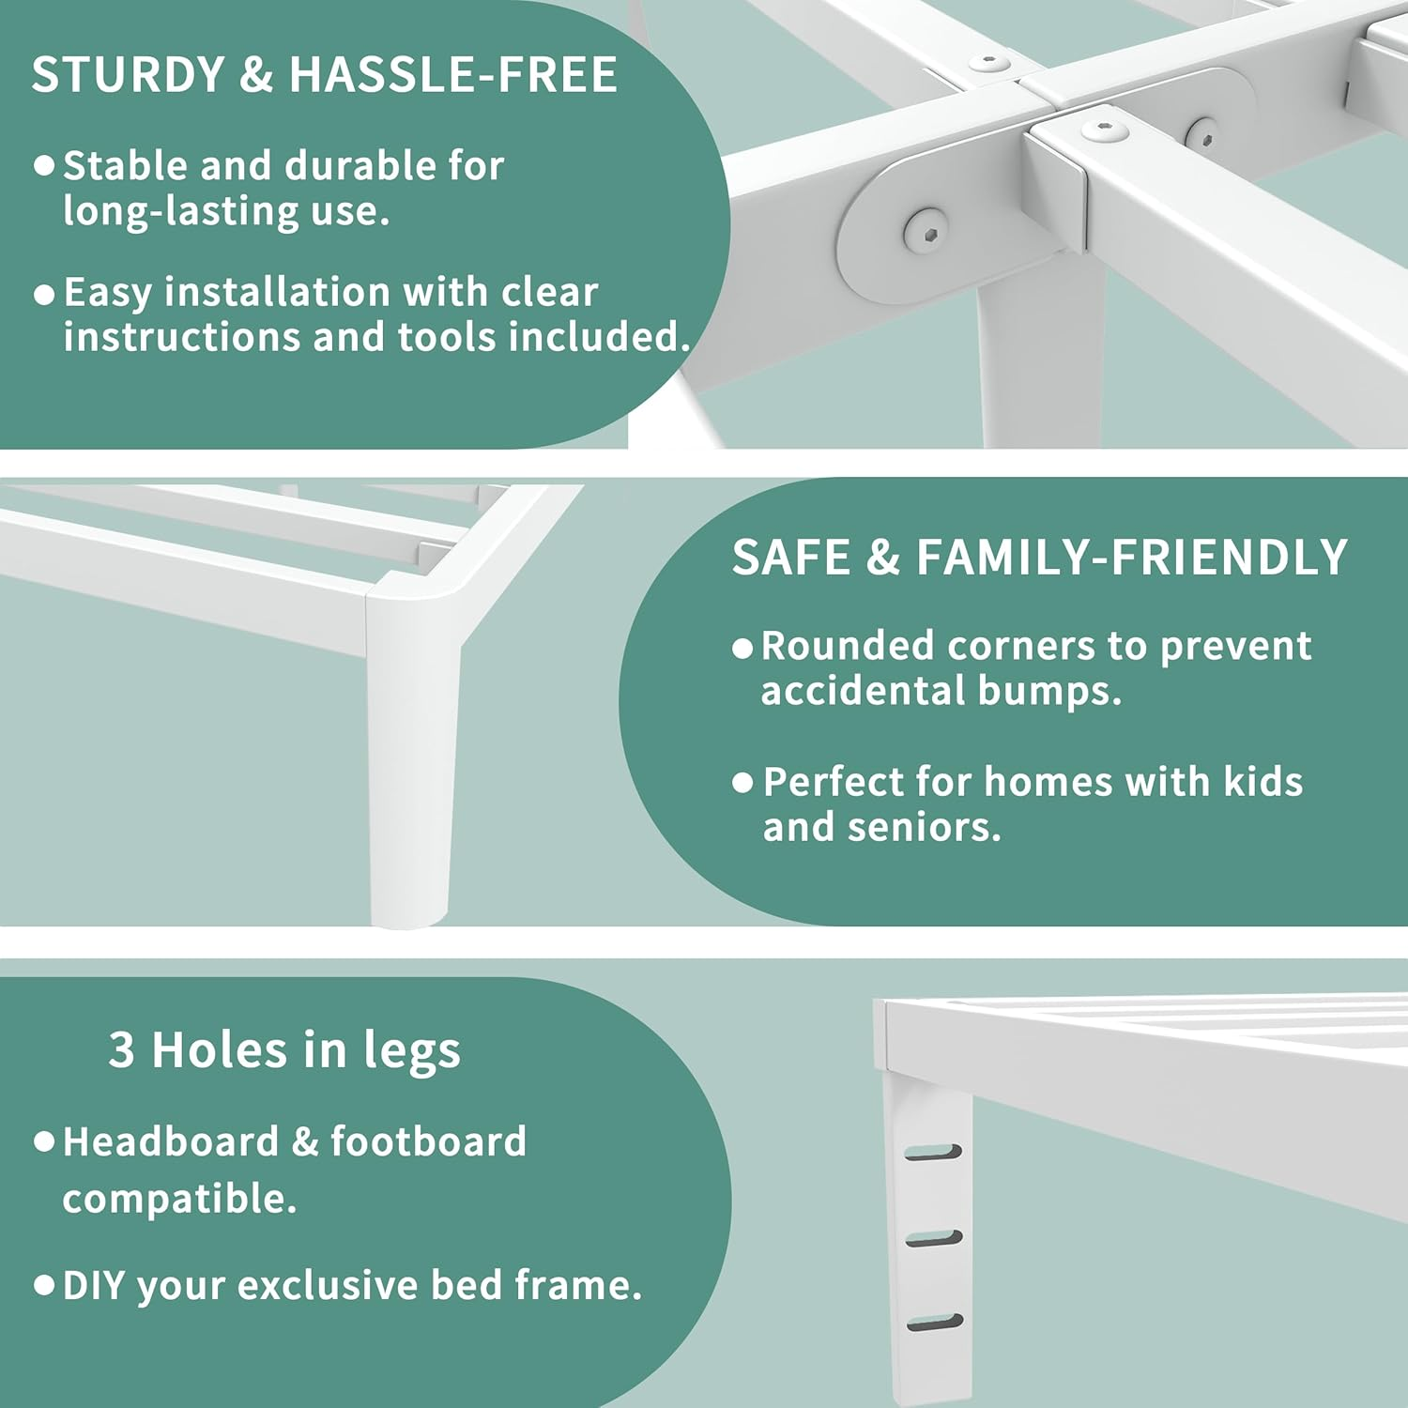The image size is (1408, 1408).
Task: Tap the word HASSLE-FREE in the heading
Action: pyautogui.click(x=453, y=75)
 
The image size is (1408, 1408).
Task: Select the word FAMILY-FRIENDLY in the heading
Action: pyautogui.click(x=1132, y=558)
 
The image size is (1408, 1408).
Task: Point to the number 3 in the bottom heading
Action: pyautogui.click(x=121, y=1049)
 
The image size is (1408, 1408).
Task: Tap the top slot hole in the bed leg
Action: pyautogui.click(x=933, y=1152)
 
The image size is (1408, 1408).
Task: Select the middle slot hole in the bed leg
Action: pyautogui.click(x=934, y=1239)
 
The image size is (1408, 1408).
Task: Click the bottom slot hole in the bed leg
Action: pyautogui.click(x=935, y=1324)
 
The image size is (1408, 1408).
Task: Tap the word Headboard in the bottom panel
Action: pyautogui.click(x=171, y=1141)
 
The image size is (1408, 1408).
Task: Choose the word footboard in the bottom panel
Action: pyautogui.click(x=428, y=1141)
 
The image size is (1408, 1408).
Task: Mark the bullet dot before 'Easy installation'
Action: pyautogui.click(x=44, y=295)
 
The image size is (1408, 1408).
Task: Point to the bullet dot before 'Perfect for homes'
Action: pyautogui.click(x=742, y=783)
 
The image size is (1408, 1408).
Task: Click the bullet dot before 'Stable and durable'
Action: pyautogui.click(x=44, y=167)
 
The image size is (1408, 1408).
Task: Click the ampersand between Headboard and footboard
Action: pyautogui.click(x=304, y=1141)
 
